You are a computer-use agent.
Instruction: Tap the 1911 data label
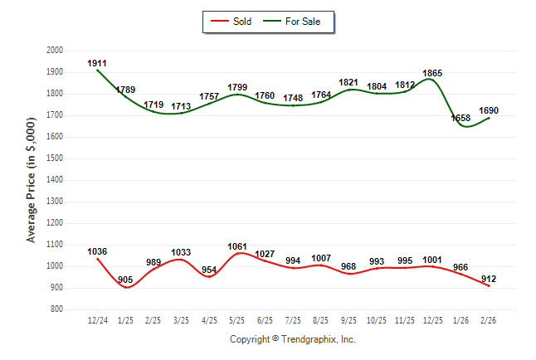point(97,63)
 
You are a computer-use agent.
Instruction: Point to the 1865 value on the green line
point(432,74)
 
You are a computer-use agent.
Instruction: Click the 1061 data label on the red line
point(236,246)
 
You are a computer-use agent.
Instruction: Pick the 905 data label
point(126,280)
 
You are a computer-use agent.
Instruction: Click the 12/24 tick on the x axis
point(97,319)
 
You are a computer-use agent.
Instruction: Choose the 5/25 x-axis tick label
point(237,319)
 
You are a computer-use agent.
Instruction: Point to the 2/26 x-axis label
point(490,319)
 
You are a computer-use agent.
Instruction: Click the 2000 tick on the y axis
point(55,51)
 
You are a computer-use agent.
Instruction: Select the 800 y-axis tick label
point(57,309)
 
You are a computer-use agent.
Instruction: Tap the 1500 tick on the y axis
point(55,158)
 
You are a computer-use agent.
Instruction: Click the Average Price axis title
point(32,180)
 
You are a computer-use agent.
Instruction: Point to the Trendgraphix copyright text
point(292,339)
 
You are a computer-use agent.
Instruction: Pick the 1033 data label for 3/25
point(180,252)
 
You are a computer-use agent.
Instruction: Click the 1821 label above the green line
point(348,83)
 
